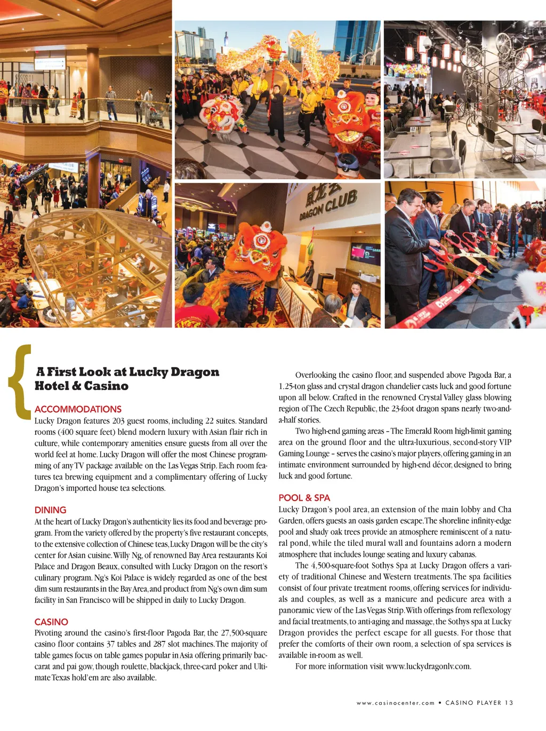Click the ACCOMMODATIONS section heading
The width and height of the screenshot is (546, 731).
click(78, 409)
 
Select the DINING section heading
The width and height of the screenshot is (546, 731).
click(50, 510)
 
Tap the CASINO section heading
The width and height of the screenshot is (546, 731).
click(51, 622)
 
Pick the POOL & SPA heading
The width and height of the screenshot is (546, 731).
click(304, 498)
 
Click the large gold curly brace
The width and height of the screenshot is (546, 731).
click(20, 382)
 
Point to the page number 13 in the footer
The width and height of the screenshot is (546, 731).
click(509, 703)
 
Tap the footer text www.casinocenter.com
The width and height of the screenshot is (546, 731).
click(396, 703)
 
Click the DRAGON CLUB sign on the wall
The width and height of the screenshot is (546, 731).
click(327, 205)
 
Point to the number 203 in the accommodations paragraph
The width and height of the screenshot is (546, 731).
click(118, 421)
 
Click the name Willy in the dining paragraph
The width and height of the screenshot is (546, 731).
click(122, 555)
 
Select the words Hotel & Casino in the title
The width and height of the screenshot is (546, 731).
click(82, 386)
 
